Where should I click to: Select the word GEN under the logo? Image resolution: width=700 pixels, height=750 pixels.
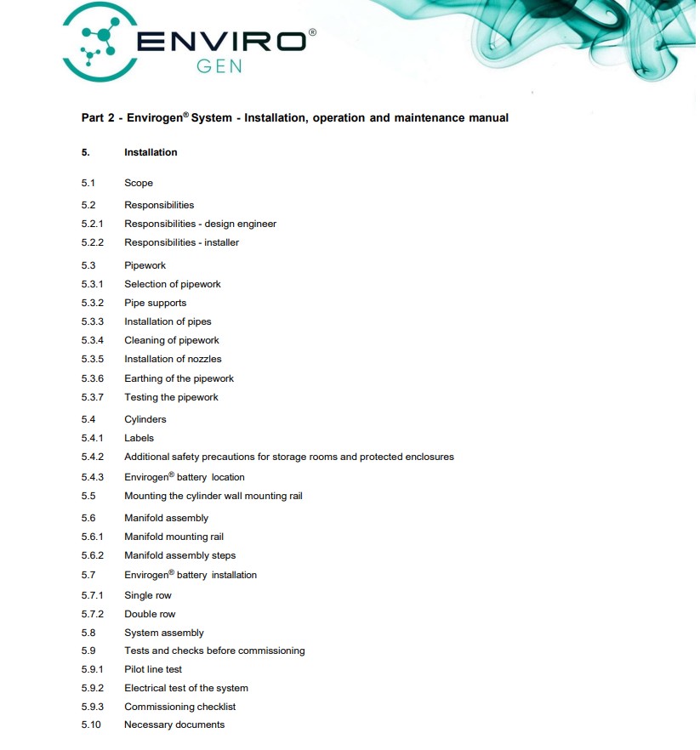(219, 65)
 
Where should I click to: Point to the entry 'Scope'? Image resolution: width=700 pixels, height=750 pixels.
(139, 183)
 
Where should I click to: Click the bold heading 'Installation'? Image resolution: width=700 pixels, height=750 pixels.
(151, 152)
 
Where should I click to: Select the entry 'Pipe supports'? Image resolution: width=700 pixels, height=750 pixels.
(155, 303)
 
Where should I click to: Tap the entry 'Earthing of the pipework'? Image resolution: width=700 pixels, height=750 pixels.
(179, 378)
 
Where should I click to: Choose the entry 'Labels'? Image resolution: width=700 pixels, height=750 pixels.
(139, 438)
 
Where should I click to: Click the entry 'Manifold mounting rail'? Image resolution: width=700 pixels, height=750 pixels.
(174, 537)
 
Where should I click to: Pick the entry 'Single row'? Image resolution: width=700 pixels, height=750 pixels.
(148, 595)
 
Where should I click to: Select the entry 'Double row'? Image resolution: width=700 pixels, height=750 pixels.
(150, 614)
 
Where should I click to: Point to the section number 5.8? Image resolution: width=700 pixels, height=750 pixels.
(88, 633)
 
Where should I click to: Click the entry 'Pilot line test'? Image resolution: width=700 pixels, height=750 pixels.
(153, 669)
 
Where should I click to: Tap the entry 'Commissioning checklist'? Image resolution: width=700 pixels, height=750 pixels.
(179, 707)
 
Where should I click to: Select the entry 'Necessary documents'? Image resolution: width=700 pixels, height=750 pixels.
(174, 724)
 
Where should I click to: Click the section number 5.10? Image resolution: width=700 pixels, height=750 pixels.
(91, 724)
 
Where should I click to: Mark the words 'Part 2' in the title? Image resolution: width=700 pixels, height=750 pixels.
(98, 118)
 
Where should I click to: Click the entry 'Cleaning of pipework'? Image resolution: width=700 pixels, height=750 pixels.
(172, 340)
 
